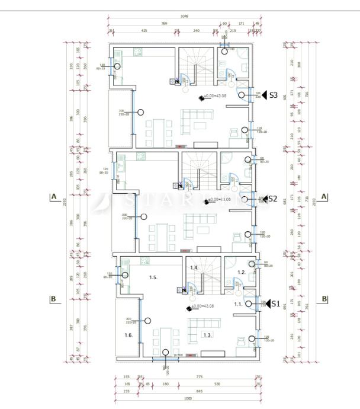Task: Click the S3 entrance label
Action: pyautogui.click(x=274, y=95)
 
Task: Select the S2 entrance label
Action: pyautogui.click(x=273, y=199)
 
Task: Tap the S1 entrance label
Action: pyautogui.click(x=275, y=304)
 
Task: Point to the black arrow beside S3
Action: pyautogui.click(x=265, y=95)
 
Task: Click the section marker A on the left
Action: pyautogui.click(x=53, y=196)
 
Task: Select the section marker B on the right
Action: pyautogui.click(x=324, y=299)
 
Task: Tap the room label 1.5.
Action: pyautogui.click(x=152, y=277)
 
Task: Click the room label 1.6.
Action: pyautogui.click(x=128, y=335)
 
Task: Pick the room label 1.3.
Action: pyautogui.click(x=207, y=335)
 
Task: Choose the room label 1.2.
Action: pyautogui.click(x=242, y=272)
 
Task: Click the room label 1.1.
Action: pyautogui.click(x=238, y=303)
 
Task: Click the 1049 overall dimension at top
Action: pyautogui.click(x=185, y=16)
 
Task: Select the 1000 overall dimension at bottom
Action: pyautogui.click(x=188, y=398)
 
